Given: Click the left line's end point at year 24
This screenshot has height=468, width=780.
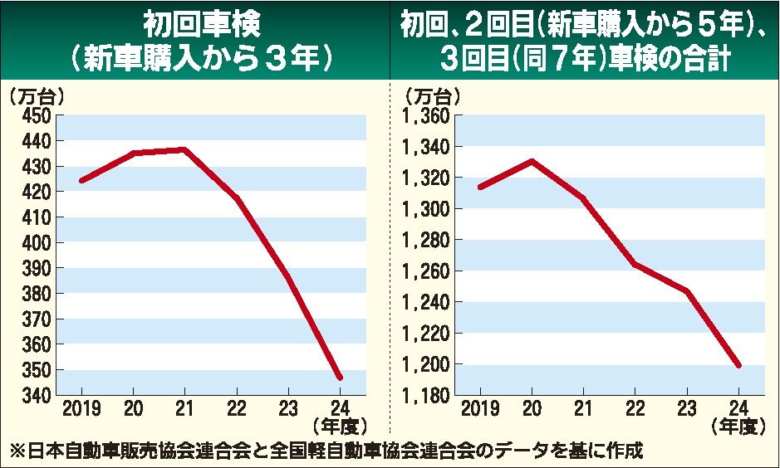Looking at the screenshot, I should pyautogui.click(x=340, y=378).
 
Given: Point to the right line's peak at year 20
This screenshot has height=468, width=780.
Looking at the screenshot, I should pyautogui.click(x=530, y=161).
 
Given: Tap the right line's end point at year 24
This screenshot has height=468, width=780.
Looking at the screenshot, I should pyautogui.click(x=738, y=365).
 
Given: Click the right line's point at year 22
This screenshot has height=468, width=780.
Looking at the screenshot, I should pyautogui.click(x=635, y=264).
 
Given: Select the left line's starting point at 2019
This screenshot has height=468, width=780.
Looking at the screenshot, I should pyautogui.click(x=81, y=180).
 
